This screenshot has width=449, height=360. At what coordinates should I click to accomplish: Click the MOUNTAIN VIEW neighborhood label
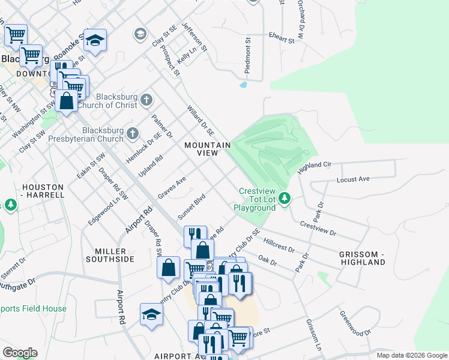point(207,149)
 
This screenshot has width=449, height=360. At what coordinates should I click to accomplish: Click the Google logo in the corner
point(20,352)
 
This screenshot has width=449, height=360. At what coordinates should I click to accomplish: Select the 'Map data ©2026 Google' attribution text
point(411,355)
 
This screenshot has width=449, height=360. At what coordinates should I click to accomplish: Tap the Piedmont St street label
point(247,55)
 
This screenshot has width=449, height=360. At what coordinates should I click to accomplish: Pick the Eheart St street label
point(282,38)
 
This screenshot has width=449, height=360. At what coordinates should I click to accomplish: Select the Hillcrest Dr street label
point(279,244)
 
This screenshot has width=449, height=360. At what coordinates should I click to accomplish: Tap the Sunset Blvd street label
point(191,206)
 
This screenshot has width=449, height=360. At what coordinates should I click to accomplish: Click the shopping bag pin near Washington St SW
point(68,101)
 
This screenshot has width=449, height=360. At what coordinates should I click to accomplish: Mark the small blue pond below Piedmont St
point(243,85)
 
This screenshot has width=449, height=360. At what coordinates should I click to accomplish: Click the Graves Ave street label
point(172,188)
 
